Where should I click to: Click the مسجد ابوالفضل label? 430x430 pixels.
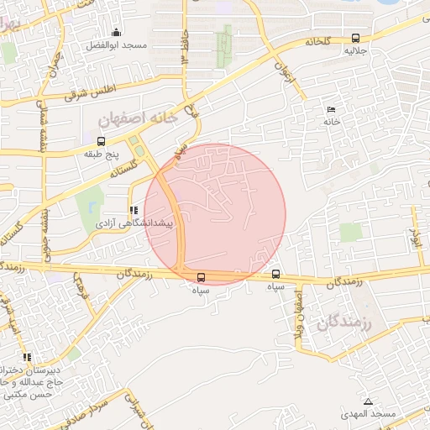117,45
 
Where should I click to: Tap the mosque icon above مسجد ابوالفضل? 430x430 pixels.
116,33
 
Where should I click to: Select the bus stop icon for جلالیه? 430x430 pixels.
356,38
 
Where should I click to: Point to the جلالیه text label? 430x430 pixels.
356,50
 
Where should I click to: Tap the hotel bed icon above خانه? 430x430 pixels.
331,110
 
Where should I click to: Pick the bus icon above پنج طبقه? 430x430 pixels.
102,141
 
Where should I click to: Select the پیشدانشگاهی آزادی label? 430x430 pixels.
132,224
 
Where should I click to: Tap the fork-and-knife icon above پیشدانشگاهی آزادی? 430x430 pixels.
132,210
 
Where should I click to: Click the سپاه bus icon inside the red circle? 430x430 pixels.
201,276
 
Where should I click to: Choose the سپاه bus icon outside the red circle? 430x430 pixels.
276,274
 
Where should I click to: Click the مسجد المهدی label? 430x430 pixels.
368,415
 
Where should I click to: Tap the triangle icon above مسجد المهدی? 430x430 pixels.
368,401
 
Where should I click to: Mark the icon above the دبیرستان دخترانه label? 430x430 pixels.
27,357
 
